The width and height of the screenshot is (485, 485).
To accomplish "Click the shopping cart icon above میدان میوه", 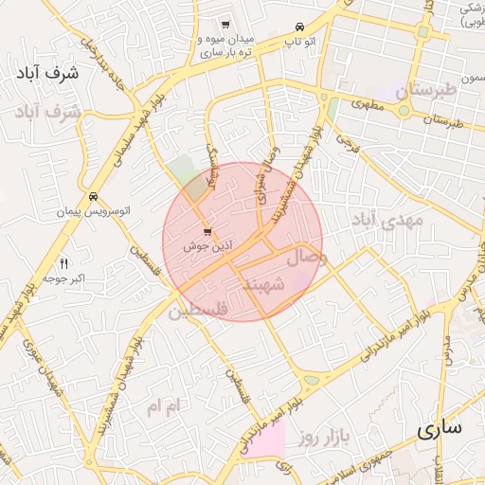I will [225, 25].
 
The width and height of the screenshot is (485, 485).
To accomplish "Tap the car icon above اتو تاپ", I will [299, 26].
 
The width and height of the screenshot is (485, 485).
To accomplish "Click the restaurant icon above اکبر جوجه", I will [64, 263].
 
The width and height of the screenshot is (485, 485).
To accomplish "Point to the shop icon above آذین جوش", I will [207, 232].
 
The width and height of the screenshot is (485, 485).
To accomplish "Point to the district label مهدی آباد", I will [387, 221].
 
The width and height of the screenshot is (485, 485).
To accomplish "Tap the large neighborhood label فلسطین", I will [198, 310].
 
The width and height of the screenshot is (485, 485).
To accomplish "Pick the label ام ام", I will [162, 405].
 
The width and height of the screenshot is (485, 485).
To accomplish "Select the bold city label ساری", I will [440, 428].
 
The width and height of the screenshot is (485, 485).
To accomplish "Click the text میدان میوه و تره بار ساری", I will [225, 46].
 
